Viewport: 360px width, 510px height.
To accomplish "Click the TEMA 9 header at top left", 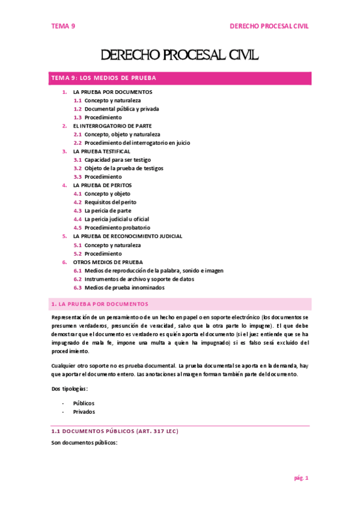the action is (x=63, y=26).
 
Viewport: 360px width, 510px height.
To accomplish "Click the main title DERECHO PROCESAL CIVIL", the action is (x=180, y=56).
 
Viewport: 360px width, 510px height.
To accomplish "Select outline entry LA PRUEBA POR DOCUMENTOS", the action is (x=112, y=92).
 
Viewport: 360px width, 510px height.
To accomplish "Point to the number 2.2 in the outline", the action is (x=78, y=143).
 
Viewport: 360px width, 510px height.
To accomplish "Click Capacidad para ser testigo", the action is (x=117, y=160).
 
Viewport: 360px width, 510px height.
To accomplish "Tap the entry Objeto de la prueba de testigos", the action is (x=124, y=168).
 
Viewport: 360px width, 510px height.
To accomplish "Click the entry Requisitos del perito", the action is (x=111, y=203).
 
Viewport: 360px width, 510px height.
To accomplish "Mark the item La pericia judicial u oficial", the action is (x=117, y=220).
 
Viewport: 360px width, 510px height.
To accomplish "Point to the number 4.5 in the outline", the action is (x=78, y=228).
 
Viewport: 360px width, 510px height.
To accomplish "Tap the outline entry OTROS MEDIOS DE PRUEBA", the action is (x=108, y=262).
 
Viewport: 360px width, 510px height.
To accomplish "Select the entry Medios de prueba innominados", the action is (x=124, y=287).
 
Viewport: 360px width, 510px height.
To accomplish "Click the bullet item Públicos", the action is (x=84, y=403).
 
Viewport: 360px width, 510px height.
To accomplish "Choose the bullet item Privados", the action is (x=84, y=412).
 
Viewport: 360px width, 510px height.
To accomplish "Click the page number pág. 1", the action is (x=301, y=478).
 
